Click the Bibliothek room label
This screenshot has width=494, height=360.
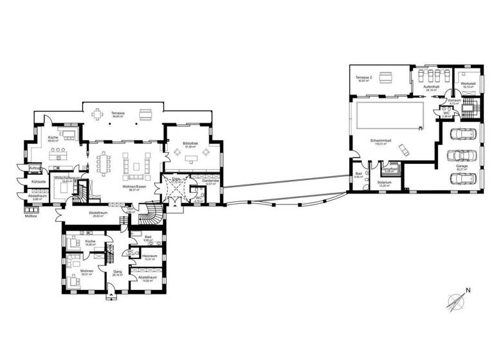[190, 144]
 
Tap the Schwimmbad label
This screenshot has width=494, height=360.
[378, 141]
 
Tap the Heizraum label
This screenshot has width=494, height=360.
[150, 256]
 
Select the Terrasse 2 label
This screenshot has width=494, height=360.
[365, 77]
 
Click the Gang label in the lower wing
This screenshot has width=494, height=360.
[118, 271]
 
